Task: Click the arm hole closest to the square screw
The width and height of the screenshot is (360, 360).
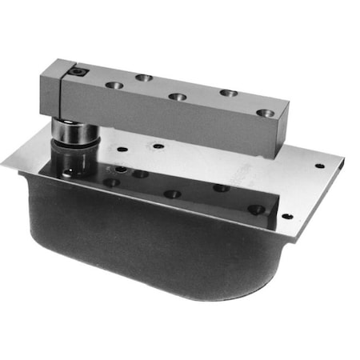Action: [x=114, y=85]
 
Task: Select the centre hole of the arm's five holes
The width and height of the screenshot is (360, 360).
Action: [x=178, y=98]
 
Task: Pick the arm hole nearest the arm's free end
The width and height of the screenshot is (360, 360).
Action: [x=265, y=114]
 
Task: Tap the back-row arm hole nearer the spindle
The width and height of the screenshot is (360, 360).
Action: [x=144, y=78]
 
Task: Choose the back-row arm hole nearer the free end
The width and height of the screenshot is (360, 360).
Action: [x=228, y=94]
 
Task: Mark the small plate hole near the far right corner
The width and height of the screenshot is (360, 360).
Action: [x=320, y=166]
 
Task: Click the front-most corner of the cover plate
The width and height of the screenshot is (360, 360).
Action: [x=296, y=241]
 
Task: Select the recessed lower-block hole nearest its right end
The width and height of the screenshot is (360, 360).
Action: [x=256, y=209]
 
